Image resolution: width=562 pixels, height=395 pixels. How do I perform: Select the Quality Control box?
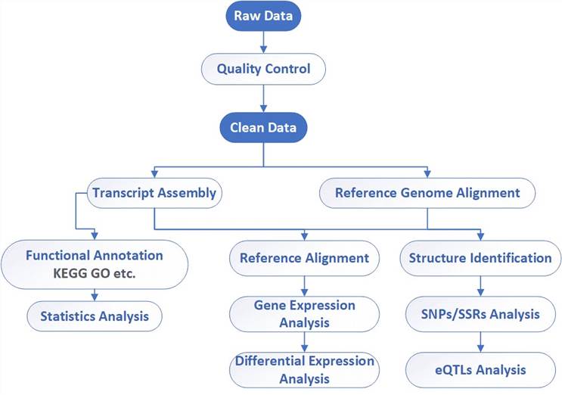click(x=263, y=69)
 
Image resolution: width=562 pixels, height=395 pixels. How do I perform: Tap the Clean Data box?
click(x=263, y=128)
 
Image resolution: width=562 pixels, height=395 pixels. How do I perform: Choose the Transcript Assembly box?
click(x=154, y=193)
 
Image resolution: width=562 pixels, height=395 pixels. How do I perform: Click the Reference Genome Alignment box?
click(x=427, y=193)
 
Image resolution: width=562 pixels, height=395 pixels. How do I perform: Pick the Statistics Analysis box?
click(x=95, y=316)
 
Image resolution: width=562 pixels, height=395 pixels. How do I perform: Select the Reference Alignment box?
click(x=304, y=258)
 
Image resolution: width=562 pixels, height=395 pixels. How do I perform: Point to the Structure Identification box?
click(x=480, y=258)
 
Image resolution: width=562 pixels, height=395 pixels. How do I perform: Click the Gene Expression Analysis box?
click(x=304, y=314)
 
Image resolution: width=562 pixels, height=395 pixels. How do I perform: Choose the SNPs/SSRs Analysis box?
click(x=480, y=314)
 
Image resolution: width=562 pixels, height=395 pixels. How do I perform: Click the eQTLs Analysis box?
click(x=480, y=370)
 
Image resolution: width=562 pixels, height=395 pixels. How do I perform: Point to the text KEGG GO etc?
click(x=95, y=273)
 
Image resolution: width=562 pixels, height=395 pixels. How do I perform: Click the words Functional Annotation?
click(x=95, y=256)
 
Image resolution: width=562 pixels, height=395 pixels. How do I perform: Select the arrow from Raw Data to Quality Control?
click(x=263, y=42)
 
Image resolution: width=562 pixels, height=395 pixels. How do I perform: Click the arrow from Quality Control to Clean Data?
click(x=263, y=98)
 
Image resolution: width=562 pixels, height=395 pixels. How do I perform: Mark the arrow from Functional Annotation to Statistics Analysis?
click(x=95, y=294)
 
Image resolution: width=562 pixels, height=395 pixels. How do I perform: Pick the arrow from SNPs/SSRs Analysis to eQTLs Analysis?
click(x=480, y=342)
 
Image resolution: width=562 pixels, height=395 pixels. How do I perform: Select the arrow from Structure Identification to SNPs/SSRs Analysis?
click(x=480, y=285)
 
